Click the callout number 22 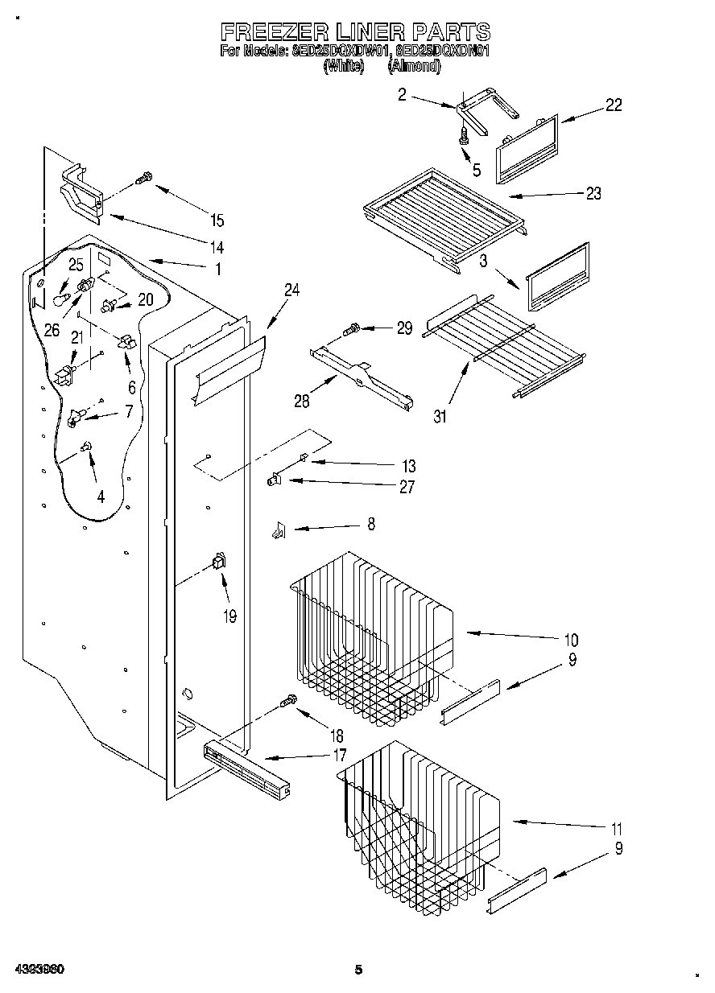pos(614,105)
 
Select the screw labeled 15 pos(145,178)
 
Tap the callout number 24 pos(291,291)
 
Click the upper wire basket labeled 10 pos(370,636)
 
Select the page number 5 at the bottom pos(359,970)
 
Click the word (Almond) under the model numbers pos(414,68)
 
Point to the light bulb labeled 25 pos(59,298)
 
